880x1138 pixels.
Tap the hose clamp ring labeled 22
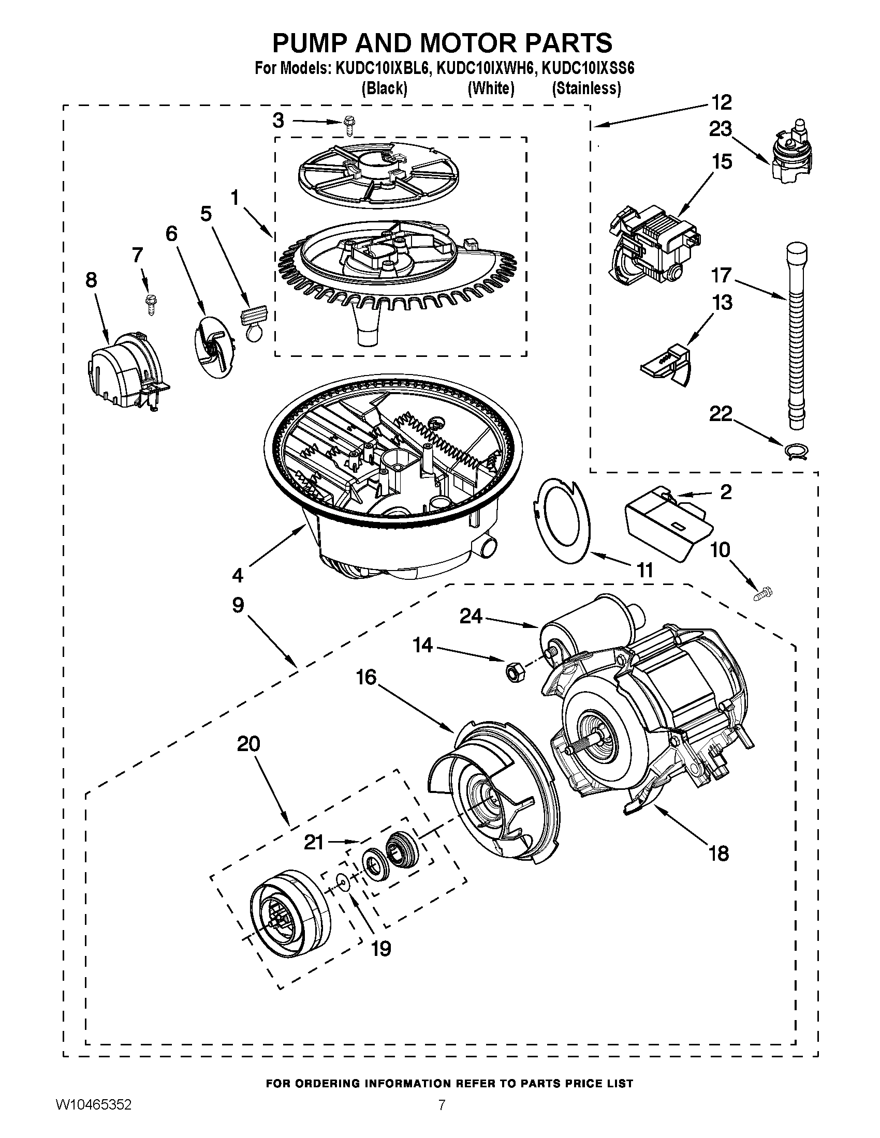[796, 451]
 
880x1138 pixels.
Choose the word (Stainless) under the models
[586, 88]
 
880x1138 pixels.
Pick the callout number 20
[248, 744]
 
